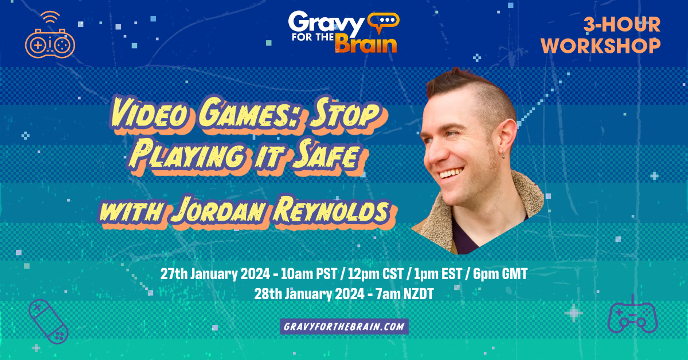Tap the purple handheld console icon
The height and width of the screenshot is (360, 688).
click(48, 322)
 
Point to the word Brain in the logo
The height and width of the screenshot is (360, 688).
click(366, 45)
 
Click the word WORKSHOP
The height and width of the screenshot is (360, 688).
click(601, 46)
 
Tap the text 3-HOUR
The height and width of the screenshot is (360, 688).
click(622, 25)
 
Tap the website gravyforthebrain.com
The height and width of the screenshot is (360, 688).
click(344, 326)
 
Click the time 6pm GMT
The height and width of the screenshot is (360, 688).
click(500, 273)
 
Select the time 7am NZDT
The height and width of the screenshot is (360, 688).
click(405, 294)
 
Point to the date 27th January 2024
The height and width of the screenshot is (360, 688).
click(215, 273)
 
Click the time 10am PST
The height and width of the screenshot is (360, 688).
click(308, 273)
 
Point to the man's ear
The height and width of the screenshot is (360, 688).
click(507, 137)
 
